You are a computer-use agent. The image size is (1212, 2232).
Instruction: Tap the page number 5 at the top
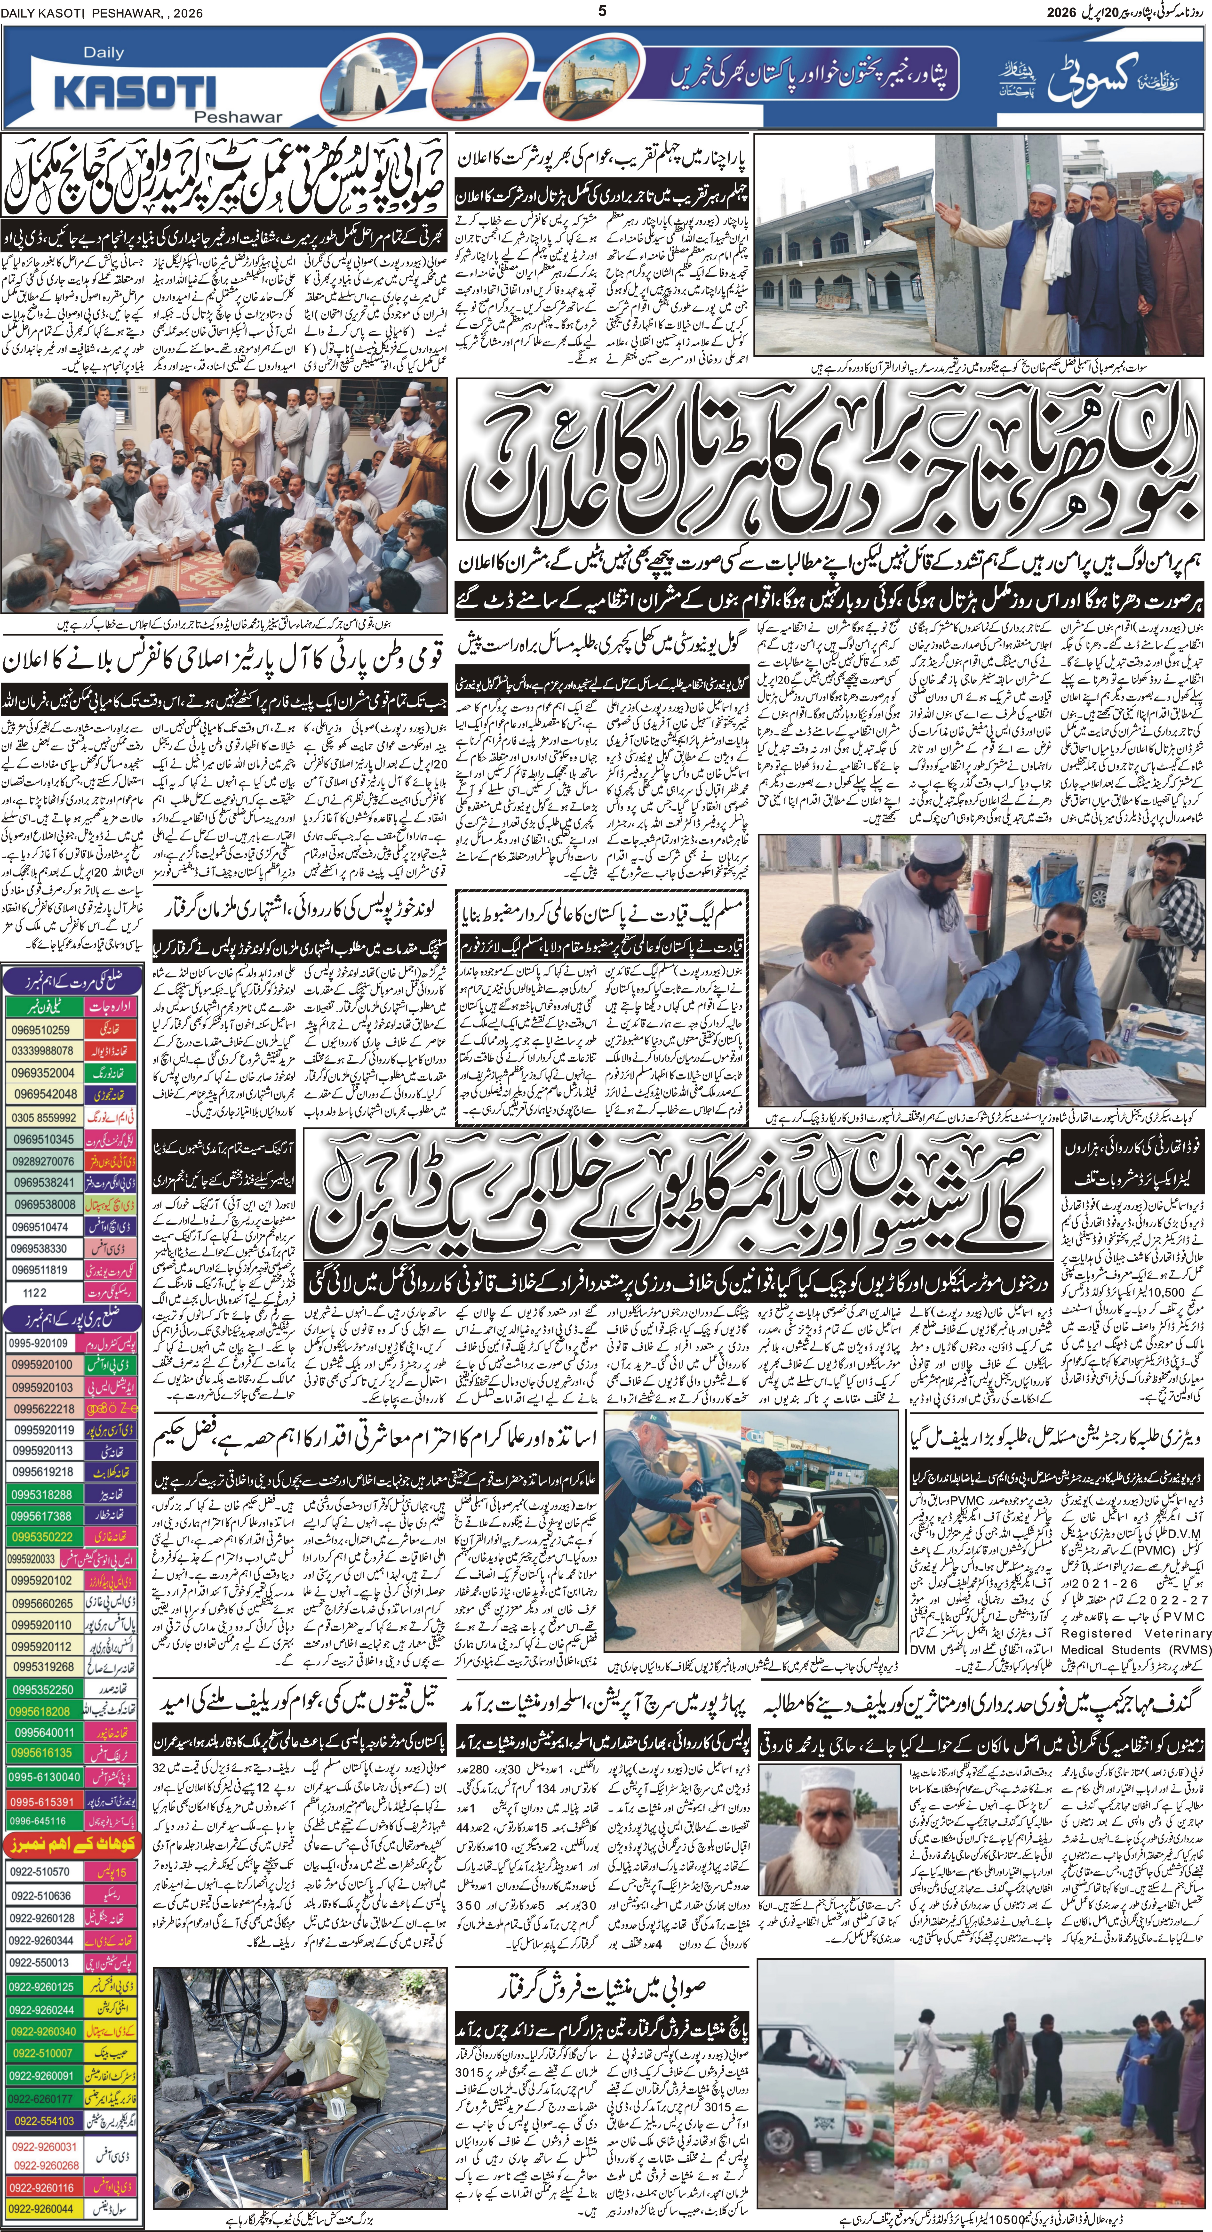point(604,10)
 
